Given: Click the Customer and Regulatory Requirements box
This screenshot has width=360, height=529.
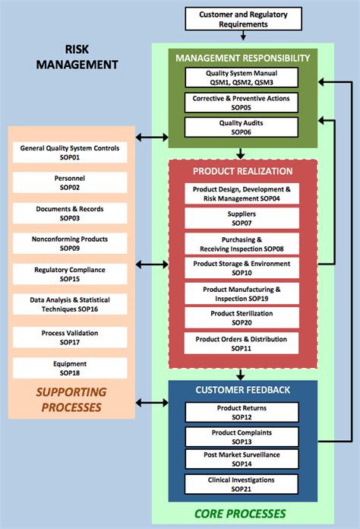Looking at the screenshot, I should [243, 19].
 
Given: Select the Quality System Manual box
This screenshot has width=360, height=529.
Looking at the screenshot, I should [241, 78].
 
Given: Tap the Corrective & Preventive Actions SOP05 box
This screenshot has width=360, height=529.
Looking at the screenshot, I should [241, 103].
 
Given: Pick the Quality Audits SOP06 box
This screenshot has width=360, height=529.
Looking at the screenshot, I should [241, 127].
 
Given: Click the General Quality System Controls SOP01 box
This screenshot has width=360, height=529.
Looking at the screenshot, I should [69, 153].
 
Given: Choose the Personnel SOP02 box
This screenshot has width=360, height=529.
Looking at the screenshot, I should [69, 183].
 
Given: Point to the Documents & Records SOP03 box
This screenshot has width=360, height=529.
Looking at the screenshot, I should [69, 213].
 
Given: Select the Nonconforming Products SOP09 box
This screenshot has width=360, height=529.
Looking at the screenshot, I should [69, 243].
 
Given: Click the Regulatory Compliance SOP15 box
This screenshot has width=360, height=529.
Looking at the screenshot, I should [69, 274].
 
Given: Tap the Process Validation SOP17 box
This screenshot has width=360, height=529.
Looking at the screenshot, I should [69, 337].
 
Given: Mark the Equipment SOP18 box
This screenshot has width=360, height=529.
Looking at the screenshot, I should [69, 369].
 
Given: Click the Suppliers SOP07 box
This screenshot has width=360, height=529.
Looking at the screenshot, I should [242, 219].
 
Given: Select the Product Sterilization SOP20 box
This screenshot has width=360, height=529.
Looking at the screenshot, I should [242, 318].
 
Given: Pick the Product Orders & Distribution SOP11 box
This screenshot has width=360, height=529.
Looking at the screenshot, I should [242, 344].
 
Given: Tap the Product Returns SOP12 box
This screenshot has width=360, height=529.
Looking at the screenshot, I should [240, 413].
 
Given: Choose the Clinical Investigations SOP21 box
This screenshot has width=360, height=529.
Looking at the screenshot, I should [240, 484].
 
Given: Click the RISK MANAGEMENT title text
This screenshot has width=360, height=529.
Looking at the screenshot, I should [77, 58].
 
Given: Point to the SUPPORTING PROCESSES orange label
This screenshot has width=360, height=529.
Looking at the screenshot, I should [69, 400].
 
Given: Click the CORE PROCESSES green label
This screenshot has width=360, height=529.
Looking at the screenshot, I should [241, 514].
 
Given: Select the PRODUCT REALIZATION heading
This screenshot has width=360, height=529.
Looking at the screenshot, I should [242, 171].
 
